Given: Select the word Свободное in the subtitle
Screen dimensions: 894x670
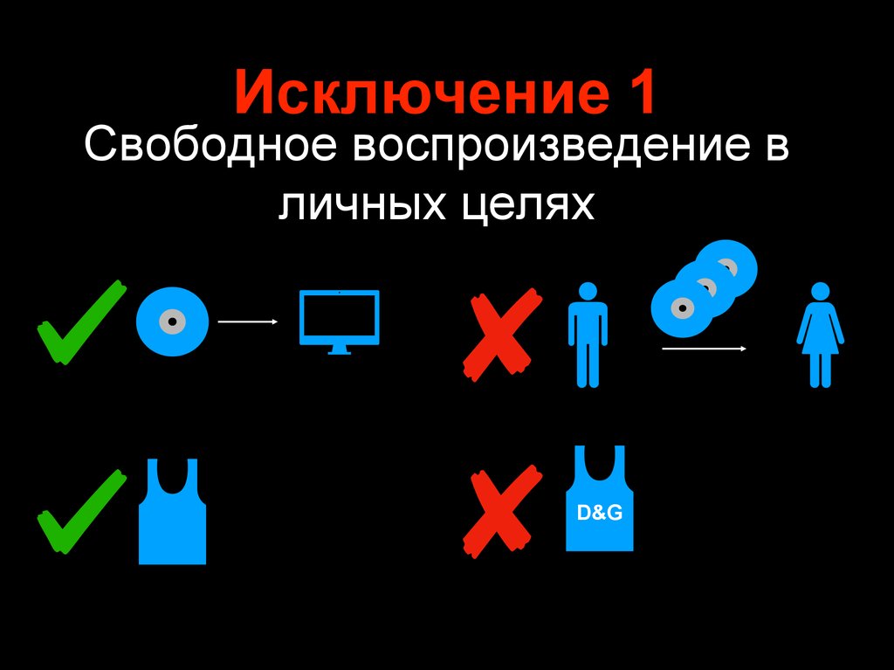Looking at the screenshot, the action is pos(210,144).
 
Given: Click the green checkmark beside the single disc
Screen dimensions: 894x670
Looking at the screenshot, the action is pos(81,321).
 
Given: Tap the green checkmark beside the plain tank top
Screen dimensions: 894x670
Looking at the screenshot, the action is pos(81,511).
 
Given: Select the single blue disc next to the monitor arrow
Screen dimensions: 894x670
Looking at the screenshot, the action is pos(172,321).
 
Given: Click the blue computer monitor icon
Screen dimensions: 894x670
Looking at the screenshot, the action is pos(340,321).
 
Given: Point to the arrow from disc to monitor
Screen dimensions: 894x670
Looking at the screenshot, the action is pos(247,321).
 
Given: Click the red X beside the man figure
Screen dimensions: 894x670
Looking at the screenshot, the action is pos(502,335).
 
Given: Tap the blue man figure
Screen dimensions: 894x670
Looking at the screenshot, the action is pos(588,335).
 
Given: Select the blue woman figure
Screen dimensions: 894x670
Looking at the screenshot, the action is pos(821,335).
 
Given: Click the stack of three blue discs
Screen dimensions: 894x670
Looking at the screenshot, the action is pos(705,288).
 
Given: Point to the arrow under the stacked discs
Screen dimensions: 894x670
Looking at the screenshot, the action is pos(705,349).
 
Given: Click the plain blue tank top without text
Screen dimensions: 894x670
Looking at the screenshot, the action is pos(172,512).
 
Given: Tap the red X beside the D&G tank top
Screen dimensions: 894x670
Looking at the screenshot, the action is pos(502,511).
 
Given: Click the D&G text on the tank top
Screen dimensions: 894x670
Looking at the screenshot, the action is pos(599,513).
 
